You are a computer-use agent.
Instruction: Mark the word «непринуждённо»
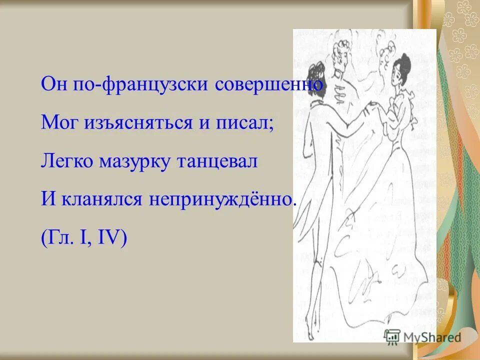(219, 200)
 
